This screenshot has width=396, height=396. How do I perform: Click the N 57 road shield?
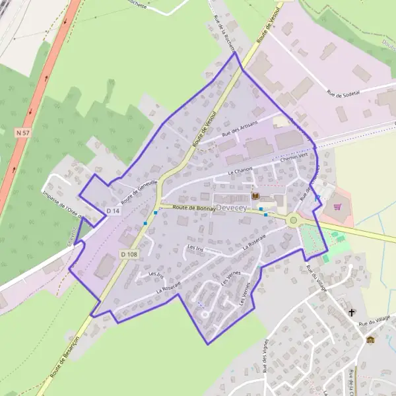pyautogui.click(x=22, y=133)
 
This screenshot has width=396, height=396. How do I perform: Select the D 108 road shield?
pyautogui.click(x=128, y=254)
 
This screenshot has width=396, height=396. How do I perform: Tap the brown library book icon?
pyautogui.click(x=255, y=196)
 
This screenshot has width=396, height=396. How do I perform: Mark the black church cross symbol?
pyautogui.click(x=351, y=311)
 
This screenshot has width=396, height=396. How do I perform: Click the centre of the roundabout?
pyautogui.click(x=293, y=220)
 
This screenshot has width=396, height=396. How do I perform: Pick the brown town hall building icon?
pyautogui.click(x=370, y=340)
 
